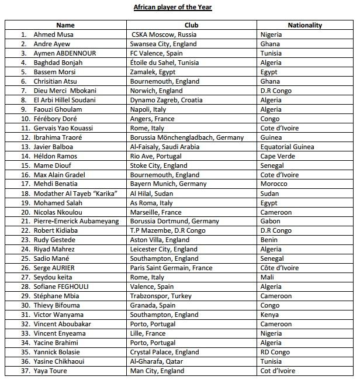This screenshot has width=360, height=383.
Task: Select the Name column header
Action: tap(65, 25)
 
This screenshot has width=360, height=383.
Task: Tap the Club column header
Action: tap(191, 25)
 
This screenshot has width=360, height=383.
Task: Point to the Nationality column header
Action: tap(304, 25)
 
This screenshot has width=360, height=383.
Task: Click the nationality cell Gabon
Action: tap(271, 222)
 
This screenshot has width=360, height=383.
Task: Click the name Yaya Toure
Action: tap(50, 371)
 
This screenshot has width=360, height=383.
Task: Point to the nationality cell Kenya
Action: tap(270, 315)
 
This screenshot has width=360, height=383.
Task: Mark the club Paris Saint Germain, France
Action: tap(171, 268)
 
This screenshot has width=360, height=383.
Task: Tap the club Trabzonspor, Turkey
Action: tap(158, 296)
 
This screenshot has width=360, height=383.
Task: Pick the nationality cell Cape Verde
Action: tap(277, 156)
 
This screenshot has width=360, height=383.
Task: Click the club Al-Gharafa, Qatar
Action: tap(157, 361)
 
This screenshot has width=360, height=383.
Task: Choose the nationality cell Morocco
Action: tap(275, 184)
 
